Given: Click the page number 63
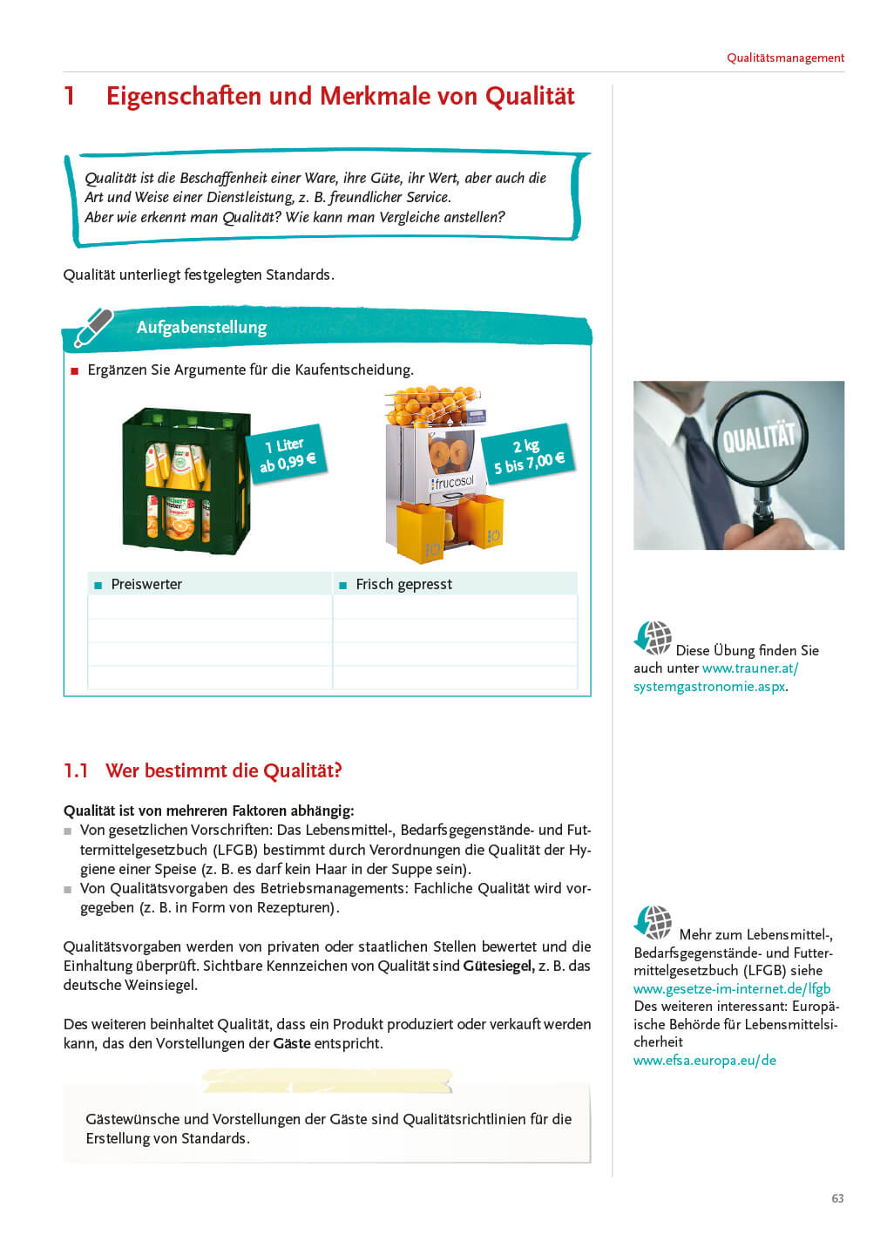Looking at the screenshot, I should click(x=836, y=1198).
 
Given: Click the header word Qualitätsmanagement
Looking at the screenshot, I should click(x=785, y=58).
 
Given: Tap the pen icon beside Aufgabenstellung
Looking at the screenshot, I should click(x=93, y=327).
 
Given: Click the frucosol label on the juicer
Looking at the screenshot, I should click(x=452, y=482).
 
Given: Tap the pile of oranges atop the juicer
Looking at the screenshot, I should click(x=433, y=405).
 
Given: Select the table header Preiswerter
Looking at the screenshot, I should click(x=146, y=584).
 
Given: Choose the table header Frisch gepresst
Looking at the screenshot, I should click(x=403, y=584).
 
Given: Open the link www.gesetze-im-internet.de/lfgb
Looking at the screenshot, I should click(x=732, y=988).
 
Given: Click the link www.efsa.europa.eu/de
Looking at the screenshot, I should click(x=704, y=1060).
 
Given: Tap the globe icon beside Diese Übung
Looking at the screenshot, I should click(x=653, y=638).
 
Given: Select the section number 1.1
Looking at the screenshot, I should click(x=76, y=770).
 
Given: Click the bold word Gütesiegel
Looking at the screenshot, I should click(x=498, y=966).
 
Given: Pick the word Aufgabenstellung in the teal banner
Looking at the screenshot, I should click(x=201, y=327).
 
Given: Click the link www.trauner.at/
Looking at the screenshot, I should click(x=750, y=668).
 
